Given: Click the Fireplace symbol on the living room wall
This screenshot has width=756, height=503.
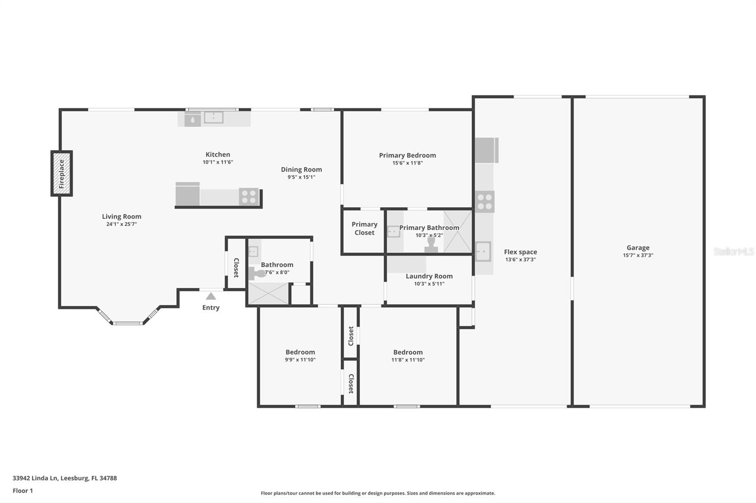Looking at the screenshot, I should [61, 174].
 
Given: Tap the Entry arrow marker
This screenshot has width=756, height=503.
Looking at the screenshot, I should [211, 296].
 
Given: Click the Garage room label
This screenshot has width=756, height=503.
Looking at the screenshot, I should [638, 248].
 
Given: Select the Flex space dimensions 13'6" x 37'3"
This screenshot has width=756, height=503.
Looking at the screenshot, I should [520, 260].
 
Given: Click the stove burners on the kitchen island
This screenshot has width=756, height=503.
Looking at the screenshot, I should [249, 196].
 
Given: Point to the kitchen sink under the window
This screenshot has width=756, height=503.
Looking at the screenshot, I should [214, 117].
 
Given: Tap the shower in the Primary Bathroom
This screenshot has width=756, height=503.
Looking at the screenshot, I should [457, 232].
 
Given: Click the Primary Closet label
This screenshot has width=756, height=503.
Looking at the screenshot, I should [364, 228].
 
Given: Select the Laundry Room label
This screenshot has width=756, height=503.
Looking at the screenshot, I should [429, 276].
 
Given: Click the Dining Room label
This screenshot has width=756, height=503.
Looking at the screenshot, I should [301, 169].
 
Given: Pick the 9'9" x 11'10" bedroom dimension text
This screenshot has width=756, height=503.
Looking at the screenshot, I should [300, 360].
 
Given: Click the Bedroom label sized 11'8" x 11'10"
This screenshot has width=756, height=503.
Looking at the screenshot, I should [408, 352].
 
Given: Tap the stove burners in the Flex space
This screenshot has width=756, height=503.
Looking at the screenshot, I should [484, 202].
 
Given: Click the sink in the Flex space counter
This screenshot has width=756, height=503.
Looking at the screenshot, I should [483, 251].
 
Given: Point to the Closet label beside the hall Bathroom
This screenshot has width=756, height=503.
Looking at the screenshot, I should [236, 268].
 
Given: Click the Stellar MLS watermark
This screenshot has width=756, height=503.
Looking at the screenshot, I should [733, 251].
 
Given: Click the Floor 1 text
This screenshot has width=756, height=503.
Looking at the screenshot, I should [23, 491].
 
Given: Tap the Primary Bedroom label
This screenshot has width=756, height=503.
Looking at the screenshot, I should [407, 155].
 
